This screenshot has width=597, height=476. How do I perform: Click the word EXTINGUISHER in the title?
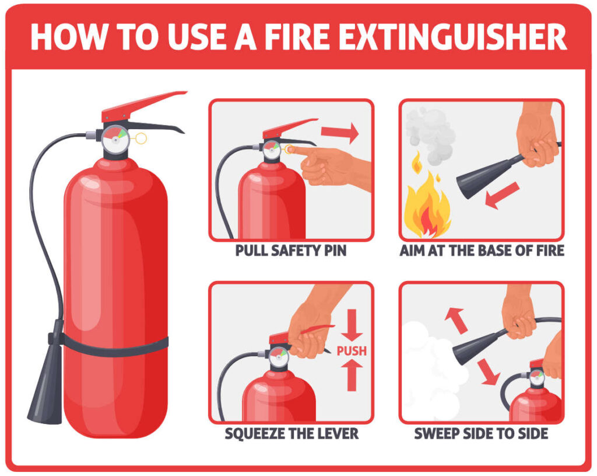point(452,37)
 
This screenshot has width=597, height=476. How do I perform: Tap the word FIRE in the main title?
point(297,37)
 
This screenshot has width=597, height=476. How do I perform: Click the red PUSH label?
point(352,350)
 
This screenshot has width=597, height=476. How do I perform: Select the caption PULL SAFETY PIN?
point(291,251)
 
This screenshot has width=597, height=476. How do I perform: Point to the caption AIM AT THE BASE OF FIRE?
point(482,251)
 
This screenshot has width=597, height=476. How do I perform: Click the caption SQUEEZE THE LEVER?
point(292,434)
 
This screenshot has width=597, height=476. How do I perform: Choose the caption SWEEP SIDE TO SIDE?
point(481,434)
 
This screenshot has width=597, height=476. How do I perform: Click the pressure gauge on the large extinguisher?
point(115,139)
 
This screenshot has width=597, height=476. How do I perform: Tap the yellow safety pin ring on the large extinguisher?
point(141,138)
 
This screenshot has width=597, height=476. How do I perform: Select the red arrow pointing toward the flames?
point(502,195)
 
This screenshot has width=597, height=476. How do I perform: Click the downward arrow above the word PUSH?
point(352,325)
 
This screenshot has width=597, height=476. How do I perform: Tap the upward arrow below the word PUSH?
point(352,376)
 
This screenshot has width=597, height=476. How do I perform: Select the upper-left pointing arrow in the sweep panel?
point(456,320)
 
